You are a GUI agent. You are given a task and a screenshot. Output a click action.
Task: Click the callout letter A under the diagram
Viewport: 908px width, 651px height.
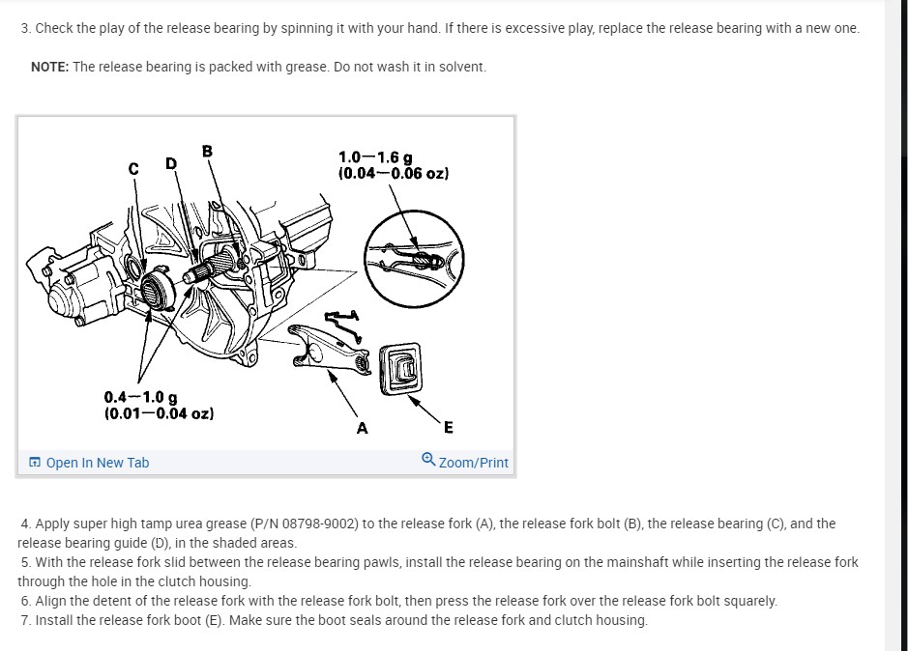362,428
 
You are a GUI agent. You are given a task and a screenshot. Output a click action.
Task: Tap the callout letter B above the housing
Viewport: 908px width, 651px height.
207,151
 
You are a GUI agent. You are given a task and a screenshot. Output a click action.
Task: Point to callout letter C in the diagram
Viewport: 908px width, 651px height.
132,166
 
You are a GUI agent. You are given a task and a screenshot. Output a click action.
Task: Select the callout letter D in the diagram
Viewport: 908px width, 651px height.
170,163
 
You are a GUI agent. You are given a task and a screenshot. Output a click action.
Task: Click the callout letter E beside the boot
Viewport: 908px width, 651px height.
448,428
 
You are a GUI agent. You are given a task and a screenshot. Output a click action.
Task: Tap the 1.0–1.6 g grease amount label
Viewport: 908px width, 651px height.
376,157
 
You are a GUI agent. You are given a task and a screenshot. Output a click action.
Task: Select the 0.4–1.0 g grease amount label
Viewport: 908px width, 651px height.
140,397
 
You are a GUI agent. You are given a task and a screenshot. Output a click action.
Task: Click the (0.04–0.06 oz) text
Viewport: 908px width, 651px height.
394,174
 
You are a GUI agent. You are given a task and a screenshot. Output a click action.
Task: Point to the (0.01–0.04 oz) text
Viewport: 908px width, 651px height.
159,413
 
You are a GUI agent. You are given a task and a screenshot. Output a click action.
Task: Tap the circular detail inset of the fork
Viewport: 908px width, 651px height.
414,256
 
